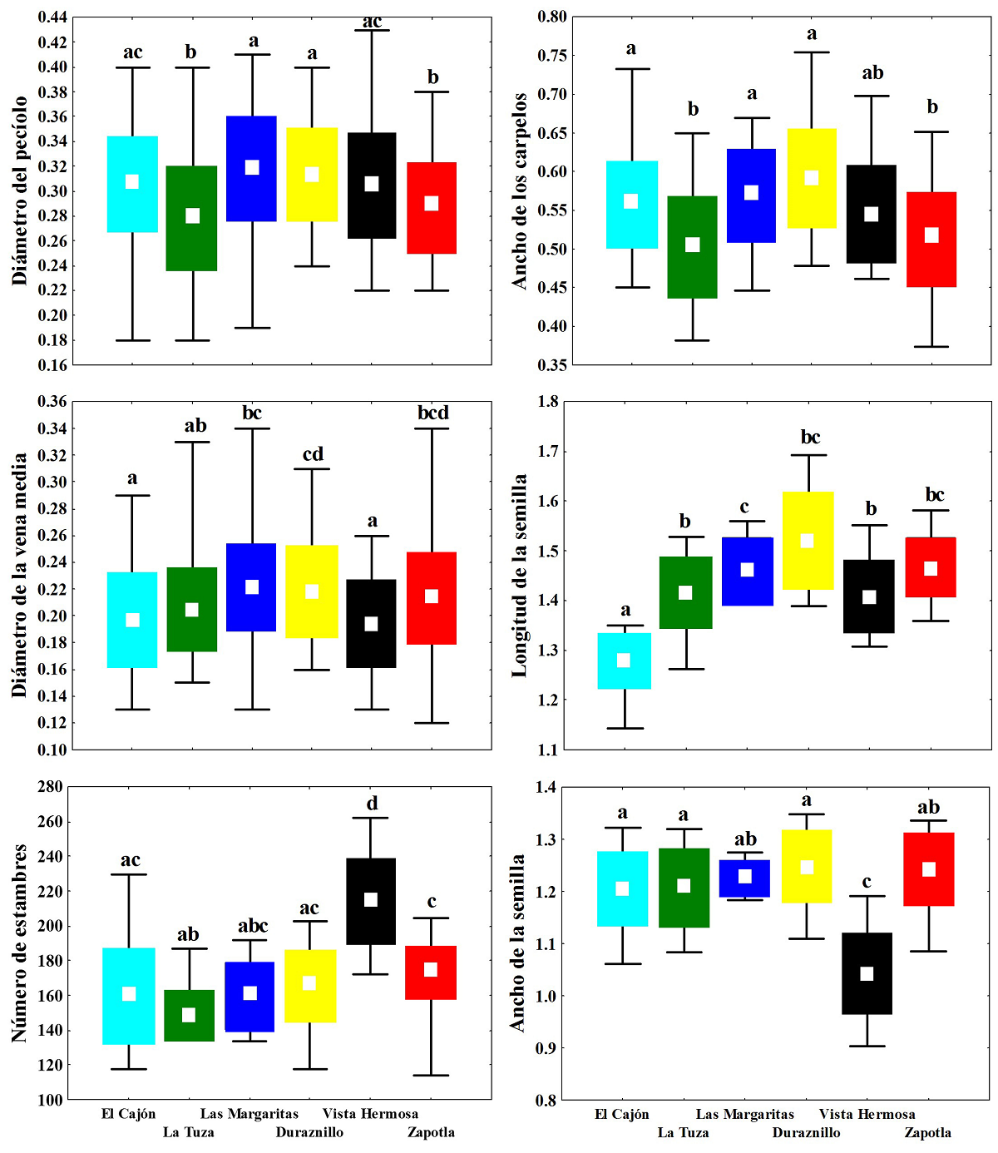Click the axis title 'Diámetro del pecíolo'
click(x=20, y=191)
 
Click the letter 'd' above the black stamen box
click(x=372, y=803)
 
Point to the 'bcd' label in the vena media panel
click(x=432, y=413)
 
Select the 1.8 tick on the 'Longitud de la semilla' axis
click(x=548, y=401)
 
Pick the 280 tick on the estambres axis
click(x=51, y=787)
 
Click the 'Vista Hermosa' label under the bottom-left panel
click(x=370, y=1114)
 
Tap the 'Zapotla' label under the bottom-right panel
click(x=927, y=1132)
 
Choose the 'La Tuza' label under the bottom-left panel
click(x=188, y=1132)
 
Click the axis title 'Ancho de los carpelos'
click(x=520, y=191)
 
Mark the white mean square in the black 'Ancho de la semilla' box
click(x=867, y=973)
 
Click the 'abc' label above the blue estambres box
click(x=253, y=926)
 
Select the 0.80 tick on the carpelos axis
click(x=551, y=17)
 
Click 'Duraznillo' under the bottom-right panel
click(x=806, y=1132)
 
